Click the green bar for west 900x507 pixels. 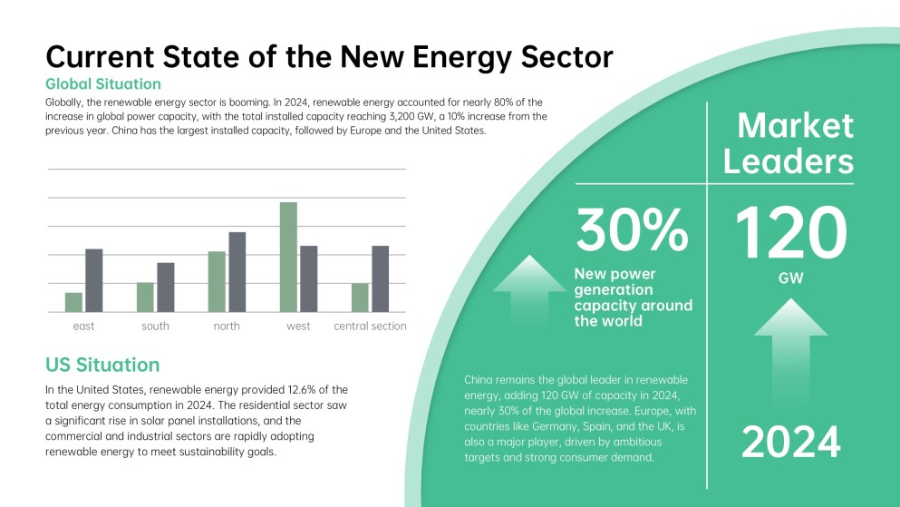click(287, 258)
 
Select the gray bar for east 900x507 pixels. click(93, 280)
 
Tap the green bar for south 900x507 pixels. click(145, 297)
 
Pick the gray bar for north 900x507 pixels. click(237, 272)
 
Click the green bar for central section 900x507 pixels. click(360, 297)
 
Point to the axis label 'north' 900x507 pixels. click(227, 327)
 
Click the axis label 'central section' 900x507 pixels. click(370, 327)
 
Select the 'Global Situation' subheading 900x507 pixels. click(102, 84)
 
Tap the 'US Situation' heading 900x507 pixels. click(102, 365)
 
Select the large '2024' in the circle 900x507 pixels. click(790, 442)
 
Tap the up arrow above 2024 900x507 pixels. click(790, 354)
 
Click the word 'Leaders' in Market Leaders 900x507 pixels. click(795, 162)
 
